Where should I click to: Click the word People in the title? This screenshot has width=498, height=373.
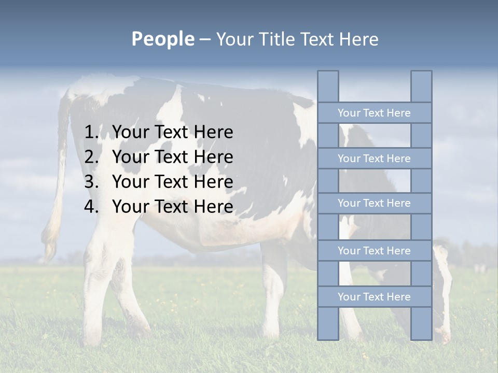162,39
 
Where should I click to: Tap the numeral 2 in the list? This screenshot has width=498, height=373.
91,157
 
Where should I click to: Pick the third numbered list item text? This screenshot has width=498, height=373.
172,182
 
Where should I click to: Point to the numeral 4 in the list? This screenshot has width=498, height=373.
91,207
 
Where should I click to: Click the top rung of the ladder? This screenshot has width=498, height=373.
374,113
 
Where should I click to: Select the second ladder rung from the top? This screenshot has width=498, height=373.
374,159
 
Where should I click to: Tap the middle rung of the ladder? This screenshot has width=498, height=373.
374,203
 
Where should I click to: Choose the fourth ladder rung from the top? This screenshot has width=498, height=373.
374,251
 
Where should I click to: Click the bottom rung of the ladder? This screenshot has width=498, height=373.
374,297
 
